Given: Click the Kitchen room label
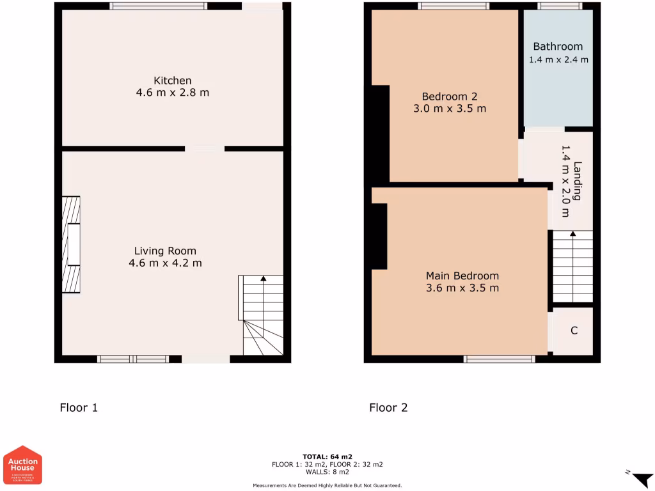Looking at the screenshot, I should pos(172,81).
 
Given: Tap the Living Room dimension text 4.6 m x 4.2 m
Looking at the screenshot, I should pos(165,263).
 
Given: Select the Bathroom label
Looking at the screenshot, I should pos(558,47).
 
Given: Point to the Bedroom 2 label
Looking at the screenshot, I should pos(450,97).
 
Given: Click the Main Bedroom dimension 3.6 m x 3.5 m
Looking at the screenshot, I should pos(462,288).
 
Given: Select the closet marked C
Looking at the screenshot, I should pos(574,331).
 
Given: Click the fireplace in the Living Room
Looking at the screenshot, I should pos(71,244).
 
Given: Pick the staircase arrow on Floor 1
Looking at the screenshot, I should pos(263,279).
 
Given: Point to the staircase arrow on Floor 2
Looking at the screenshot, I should pos(572,234).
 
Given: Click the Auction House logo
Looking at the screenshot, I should pos(23,465).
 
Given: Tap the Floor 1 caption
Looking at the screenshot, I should pos(79,407).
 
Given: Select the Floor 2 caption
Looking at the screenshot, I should pos(388,407).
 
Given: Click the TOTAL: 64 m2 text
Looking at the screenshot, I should pos(327,456).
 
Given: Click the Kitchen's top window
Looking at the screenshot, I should pos(158,6).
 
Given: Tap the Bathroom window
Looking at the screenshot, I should pos(560,6).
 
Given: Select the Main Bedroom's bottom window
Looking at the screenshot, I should pos(500,359).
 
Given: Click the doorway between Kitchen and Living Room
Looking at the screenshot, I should pos(205,149).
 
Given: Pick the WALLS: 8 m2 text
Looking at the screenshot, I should pos(327,472).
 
